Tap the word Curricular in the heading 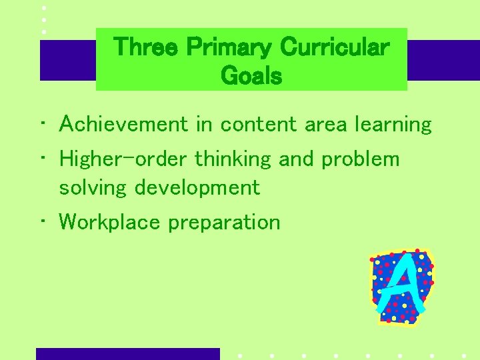(335, 47)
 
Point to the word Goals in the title (251, 76)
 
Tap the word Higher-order (124, 159)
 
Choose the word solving (93, 188)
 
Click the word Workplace (110, 222)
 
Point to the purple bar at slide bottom (127, 353)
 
